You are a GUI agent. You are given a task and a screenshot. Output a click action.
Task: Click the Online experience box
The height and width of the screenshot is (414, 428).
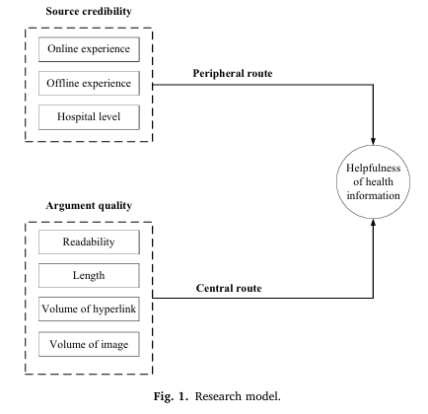coord(89,49)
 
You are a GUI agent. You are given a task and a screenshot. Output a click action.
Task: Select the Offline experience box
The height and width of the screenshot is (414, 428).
coord(89,83)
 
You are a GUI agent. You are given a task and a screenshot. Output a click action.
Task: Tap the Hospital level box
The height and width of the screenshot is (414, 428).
coord(89,117)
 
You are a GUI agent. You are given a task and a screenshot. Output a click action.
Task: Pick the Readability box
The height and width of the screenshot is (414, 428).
coord(89,241)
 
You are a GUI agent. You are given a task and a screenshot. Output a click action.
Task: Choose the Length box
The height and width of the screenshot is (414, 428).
coord(89,275)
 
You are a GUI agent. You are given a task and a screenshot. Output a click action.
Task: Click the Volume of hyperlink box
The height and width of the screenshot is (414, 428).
coord(89,309)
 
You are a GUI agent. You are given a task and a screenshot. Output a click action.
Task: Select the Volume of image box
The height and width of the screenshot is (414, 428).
coord(89,344)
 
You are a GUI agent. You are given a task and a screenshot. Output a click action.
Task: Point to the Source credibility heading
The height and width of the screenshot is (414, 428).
coord(89,11)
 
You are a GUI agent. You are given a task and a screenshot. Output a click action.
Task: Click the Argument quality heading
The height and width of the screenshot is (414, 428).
coord(89,206)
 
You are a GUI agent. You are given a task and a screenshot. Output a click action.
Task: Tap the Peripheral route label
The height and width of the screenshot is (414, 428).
coord(233,73)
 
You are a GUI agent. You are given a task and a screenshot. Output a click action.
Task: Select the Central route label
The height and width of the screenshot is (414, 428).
coord(229,288)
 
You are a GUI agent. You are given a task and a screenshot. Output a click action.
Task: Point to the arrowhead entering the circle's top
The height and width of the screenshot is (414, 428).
coord(373,141)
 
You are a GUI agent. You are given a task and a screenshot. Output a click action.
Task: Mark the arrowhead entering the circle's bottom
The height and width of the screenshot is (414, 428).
coord(373,223)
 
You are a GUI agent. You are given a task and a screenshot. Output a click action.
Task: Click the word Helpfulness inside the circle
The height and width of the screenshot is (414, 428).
coord(373,169)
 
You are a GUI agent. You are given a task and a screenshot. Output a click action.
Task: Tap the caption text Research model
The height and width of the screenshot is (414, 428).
coord(238,396)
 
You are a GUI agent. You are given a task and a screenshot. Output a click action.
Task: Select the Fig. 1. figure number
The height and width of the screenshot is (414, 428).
coord(171,396)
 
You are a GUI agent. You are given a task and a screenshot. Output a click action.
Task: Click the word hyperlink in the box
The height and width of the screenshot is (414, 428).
coord(114,310)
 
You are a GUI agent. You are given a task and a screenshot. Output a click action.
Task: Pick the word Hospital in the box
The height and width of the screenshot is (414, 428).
coord(73,116)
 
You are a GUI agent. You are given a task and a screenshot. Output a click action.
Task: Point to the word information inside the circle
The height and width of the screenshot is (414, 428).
coord(373,195)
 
